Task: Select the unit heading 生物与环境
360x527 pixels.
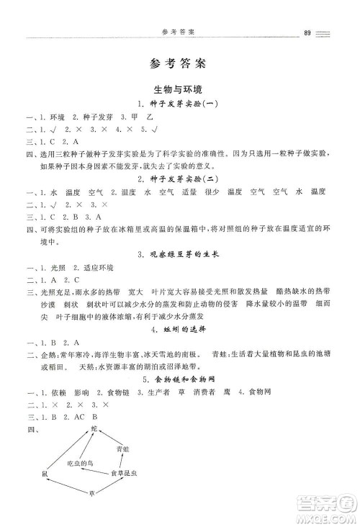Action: click(x=178, y=90)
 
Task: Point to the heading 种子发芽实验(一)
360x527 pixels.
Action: click(x=184, y=104)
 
